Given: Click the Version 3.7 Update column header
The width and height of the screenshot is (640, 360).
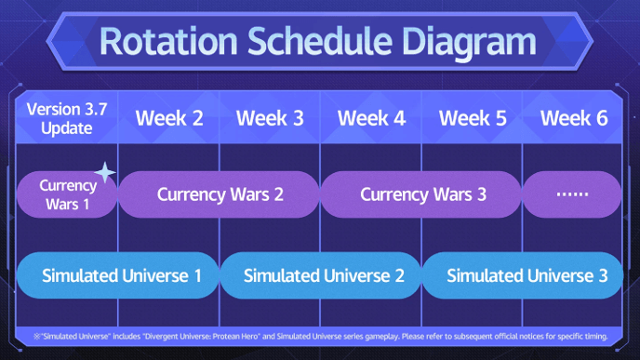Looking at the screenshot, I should [67, 118].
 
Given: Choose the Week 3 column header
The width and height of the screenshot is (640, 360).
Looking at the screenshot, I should [269, 118].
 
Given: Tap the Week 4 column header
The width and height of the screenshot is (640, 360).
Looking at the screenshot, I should [371, 118].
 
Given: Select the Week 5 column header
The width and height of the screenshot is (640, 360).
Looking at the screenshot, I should [473, 118].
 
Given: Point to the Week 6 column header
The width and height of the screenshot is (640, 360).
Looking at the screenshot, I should [573, 118].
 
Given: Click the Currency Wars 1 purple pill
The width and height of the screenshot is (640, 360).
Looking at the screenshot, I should [67, 194].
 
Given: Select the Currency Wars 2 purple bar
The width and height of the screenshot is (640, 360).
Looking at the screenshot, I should [220, 194].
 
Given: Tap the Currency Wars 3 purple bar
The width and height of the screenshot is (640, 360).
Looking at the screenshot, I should [422, 194].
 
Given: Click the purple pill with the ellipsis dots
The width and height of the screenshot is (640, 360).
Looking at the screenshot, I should [572, 194].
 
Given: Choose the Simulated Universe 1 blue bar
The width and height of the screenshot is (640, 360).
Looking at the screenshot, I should [118, 275].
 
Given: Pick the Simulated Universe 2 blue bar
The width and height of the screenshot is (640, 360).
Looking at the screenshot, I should [321, 275].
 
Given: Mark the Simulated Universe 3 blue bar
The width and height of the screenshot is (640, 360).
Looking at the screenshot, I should [524, 275].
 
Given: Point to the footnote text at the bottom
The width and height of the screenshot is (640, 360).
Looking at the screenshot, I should [320, 335].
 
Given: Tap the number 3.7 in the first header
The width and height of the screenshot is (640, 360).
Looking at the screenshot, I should [93, 109].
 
